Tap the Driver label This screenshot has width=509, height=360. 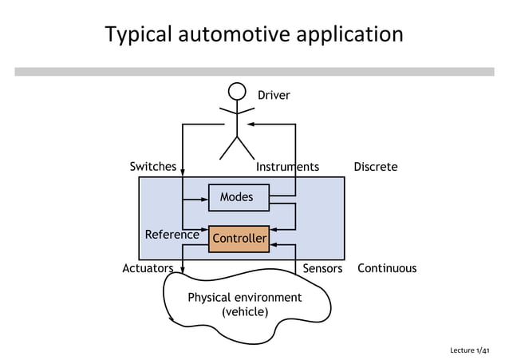pyautogui.click(x=274, y=96)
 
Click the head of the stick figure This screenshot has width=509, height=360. pyautogui.click(x=237, y=92)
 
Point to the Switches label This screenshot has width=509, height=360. pyautogui.click(x=152, y=167)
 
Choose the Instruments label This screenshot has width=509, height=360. pyautogui.click(x=287, y=168)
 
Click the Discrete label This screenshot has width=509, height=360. pyautogui.click(x=375, y=168)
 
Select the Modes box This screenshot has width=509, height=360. pyautogui.click(x=239, y=197)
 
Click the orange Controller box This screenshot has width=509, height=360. pyautogui.click(x=239, y=239)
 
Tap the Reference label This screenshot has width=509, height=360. pyautogui.click(x=172, y=235)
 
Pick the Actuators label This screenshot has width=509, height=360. pyautogui.click(x=148, y=269)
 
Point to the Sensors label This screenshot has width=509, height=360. pyautogui.click(x=322, y=269)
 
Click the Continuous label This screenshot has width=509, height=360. pyautogui.click(x=387, y=269)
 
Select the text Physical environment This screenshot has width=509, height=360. pyautogui.click(x=244, y=298)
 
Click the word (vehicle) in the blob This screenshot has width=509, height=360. pyautogui.click(x=244, y=312)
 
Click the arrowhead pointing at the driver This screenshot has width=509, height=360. pyautogui.click(x=251, y=125)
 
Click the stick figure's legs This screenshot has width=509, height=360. pyautogui.click(x=237, y=148)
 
